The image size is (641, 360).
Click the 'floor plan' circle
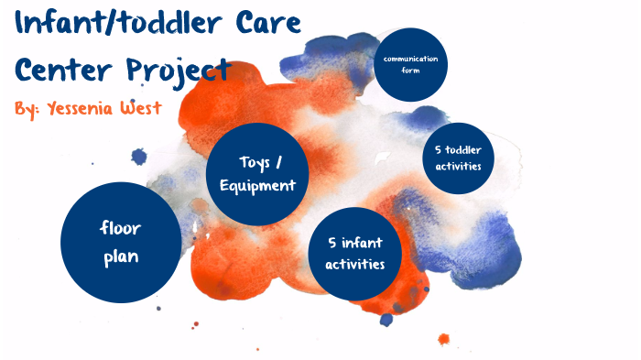120,242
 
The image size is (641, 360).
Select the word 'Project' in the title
173,70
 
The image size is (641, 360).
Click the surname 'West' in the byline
140,108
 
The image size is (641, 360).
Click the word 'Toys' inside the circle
254,162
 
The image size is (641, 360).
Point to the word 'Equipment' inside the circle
258,185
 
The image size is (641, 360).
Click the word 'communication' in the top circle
411,60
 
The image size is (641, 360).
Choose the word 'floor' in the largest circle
120,228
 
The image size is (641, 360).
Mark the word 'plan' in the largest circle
120,256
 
